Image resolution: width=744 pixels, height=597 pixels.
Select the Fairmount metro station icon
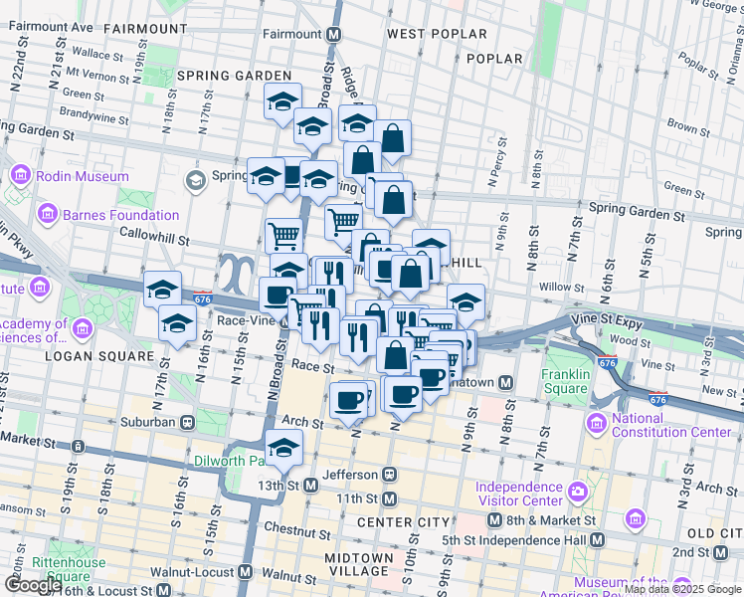coord(334,33)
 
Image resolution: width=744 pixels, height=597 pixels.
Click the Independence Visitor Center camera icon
coord(578,493)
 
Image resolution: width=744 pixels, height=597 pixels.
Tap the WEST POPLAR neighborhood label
coord(437,34)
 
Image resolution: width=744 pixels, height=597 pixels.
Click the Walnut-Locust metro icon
coord(245,573)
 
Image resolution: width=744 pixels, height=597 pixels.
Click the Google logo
coord(33,585)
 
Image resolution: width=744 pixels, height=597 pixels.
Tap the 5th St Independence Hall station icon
coord(596,539)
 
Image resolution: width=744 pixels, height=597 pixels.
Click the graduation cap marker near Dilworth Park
coord(284,448)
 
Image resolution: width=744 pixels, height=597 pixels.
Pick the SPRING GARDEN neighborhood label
coord(235,76)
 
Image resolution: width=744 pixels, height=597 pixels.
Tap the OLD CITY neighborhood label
coord(714,534)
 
